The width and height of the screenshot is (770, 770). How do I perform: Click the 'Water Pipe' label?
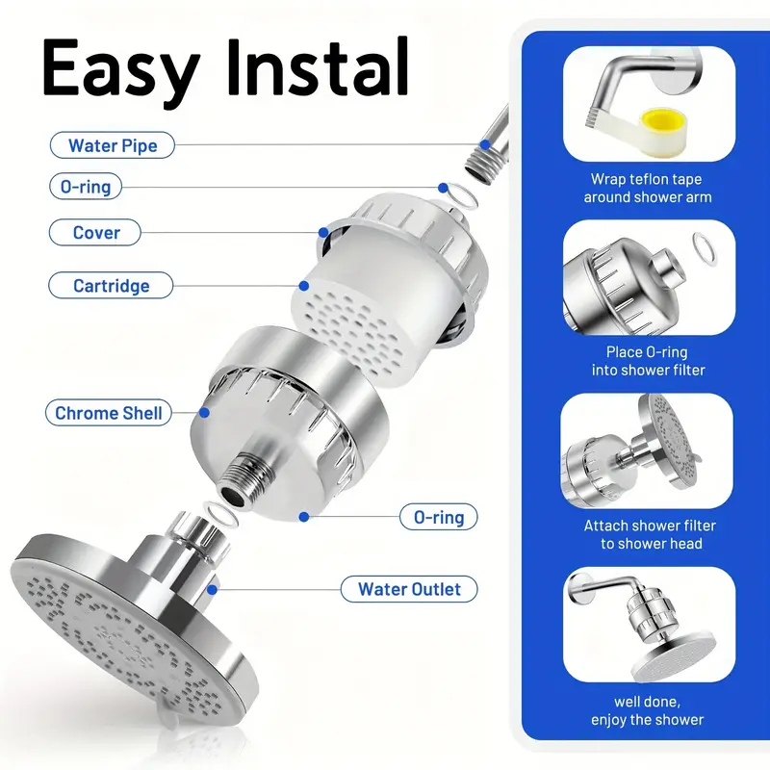point(113,145)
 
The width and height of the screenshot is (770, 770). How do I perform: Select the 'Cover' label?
point(95,232)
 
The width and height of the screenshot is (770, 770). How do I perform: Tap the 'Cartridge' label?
point(111,285)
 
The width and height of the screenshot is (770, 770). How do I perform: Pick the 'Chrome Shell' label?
point(108,413)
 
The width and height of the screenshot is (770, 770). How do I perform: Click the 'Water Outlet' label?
point(409,589)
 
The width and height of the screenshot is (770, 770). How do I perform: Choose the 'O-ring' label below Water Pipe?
point(86,186)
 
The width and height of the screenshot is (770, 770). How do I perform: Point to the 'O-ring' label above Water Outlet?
point(439,517)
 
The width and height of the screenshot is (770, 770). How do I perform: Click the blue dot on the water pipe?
point(485,144)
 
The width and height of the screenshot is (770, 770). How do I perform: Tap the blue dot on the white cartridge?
point(304,285)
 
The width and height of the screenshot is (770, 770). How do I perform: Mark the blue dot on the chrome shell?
point(204,413)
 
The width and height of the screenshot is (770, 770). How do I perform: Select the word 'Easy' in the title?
point(121,67)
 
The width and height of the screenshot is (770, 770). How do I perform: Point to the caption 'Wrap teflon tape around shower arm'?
point(647,188)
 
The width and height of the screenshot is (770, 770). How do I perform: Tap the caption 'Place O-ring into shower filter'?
point(648,361)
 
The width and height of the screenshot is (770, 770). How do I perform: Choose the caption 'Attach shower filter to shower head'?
point(650,534)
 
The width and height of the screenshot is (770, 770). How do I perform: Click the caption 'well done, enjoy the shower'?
point(647,710)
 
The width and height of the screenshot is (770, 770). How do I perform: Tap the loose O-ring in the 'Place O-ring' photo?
point(705,249)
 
